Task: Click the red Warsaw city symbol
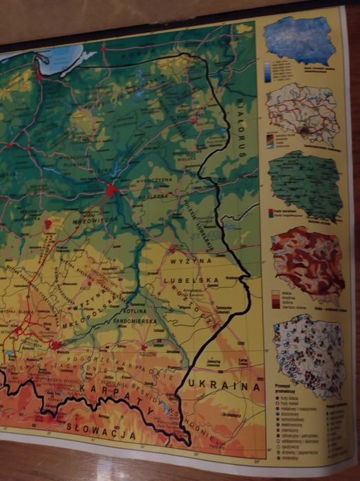point(111,189)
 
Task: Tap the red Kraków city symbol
point(55,343)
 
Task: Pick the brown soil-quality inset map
point(307,261)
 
